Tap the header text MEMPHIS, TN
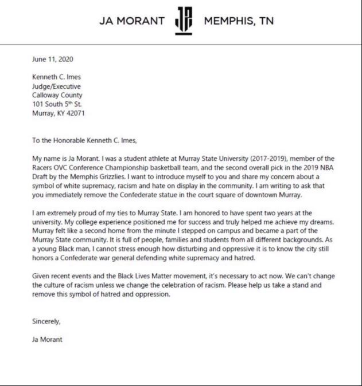[239, 21]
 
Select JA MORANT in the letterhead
[132, 21]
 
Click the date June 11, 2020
[53, 58]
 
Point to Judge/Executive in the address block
[56, 86]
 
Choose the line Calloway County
[57, 95]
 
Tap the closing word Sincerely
[46, 321]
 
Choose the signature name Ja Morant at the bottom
[48, 340]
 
